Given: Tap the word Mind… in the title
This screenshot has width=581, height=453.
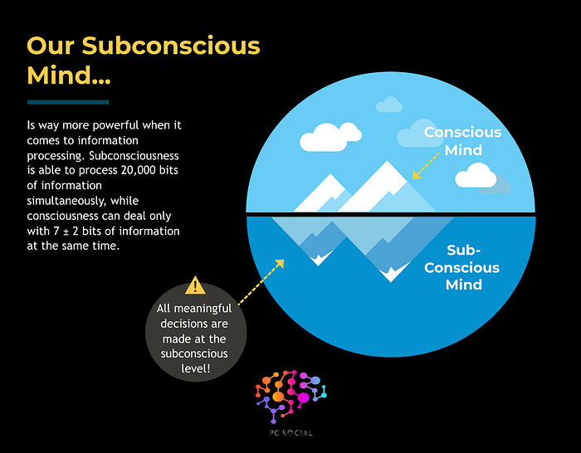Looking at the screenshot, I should (69, 75).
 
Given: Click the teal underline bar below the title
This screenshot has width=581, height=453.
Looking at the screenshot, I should (68, 102).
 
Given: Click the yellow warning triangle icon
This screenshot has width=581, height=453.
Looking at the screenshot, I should (196, 286).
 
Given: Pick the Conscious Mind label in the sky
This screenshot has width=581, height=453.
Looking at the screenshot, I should (462, 141).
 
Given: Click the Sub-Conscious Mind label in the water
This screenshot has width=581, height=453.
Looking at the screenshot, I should (473, 267).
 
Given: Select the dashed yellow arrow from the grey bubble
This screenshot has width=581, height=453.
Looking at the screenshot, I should (260, 282).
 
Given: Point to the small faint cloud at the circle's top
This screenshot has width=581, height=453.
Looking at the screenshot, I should (389, 105).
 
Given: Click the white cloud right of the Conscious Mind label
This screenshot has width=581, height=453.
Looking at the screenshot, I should (476, 175).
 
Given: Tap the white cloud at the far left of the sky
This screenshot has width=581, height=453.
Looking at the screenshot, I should (322, 140).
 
